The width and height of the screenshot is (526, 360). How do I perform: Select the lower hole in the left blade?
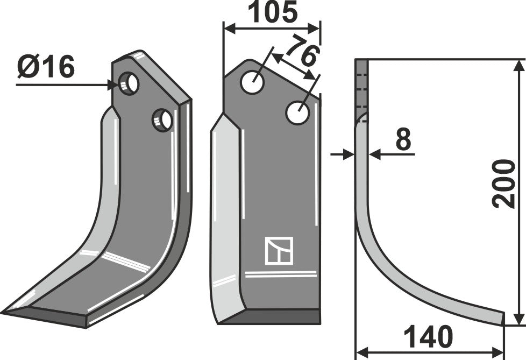(x=162, y=119)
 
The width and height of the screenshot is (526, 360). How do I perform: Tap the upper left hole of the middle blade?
(x=252, y=82)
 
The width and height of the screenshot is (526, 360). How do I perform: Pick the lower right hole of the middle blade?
(x=297, y=113)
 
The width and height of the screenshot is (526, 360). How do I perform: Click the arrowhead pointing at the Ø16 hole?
(x=113, y=84)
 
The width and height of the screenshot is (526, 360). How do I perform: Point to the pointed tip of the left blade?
(x=5, y=312)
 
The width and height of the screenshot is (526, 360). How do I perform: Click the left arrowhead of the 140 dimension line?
(x=362, y=352)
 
